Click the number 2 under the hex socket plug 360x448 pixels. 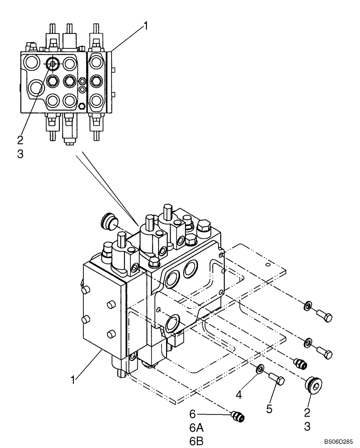click(307, 411)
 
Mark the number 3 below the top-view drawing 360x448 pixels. click(20, 154)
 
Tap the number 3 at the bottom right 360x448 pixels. click(307, 426)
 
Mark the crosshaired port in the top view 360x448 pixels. click(53, 64)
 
